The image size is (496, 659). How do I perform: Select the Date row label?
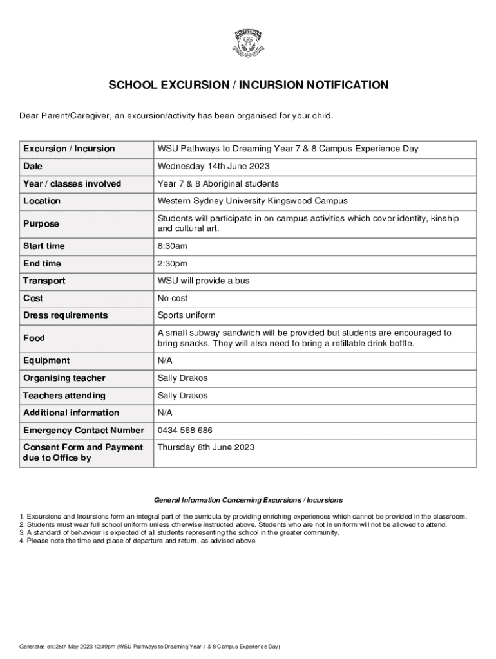33,167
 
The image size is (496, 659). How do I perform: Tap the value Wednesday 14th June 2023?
214,167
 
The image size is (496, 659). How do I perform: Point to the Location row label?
42,201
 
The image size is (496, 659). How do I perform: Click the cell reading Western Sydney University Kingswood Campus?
253,201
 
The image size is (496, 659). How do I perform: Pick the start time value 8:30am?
173,246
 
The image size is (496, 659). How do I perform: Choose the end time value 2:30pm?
173,263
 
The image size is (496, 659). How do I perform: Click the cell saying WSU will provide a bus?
204,281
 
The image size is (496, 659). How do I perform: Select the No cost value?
173,298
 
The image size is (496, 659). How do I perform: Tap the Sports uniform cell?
187,315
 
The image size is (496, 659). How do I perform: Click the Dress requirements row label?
66,315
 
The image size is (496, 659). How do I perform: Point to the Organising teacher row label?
64,378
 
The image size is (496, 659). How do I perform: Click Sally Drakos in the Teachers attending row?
183,395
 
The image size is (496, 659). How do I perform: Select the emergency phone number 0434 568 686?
185,430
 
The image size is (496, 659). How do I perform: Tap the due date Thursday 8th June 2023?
206,447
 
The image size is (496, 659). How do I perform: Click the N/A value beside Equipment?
165,360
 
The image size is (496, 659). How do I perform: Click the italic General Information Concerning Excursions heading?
248,500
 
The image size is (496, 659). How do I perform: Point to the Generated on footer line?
149,647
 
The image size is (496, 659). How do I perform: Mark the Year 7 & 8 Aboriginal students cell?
218,183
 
